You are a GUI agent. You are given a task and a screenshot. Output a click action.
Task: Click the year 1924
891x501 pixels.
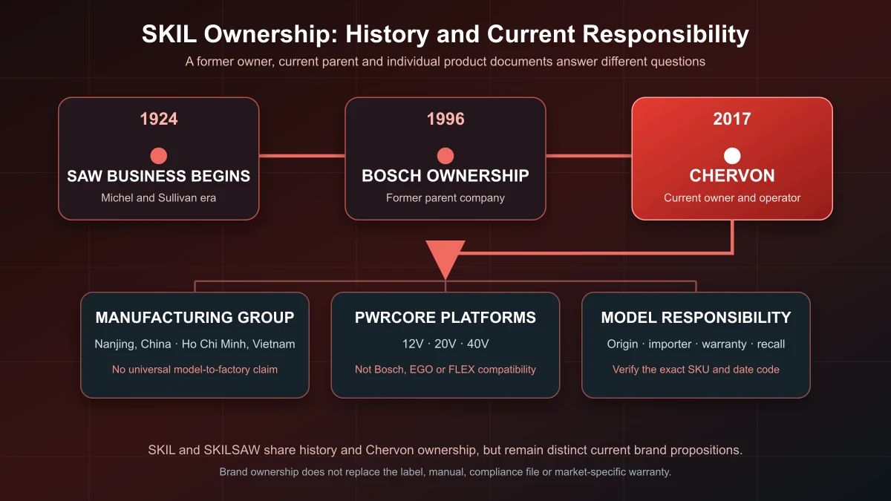159,119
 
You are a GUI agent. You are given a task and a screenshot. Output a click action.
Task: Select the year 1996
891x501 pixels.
446,119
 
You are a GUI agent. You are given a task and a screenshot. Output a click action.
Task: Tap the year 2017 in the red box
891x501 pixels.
732,119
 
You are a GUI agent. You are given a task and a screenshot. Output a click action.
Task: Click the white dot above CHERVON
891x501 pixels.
732,156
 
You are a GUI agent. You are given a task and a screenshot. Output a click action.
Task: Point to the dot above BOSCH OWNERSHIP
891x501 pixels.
446,156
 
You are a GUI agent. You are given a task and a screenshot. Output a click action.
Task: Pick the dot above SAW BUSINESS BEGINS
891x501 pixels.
159,156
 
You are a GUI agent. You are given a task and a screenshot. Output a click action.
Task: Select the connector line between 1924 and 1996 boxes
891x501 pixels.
302,156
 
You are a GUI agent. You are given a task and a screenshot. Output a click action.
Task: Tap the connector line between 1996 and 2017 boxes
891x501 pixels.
589,156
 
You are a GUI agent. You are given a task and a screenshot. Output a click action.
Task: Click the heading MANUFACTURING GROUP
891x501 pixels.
195,318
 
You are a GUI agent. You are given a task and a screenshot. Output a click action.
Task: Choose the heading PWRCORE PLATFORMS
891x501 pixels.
446,318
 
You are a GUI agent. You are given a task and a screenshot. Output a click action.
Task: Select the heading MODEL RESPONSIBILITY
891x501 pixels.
696,318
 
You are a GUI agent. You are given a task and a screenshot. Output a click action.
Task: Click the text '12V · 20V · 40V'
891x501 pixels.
446,344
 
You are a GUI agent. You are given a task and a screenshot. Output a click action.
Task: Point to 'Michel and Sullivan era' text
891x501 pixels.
158,198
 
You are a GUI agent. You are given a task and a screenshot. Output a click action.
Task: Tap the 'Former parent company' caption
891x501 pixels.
446,198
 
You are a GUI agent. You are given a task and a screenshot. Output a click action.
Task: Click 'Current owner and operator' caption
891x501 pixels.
732,198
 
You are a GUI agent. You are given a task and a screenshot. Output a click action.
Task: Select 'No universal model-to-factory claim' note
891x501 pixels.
195,370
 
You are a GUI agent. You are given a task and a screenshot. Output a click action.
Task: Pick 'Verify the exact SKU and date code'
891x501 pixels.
696,370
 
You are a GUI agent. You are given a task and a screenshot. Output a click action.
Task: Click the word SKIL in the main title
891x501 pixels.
169,34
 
